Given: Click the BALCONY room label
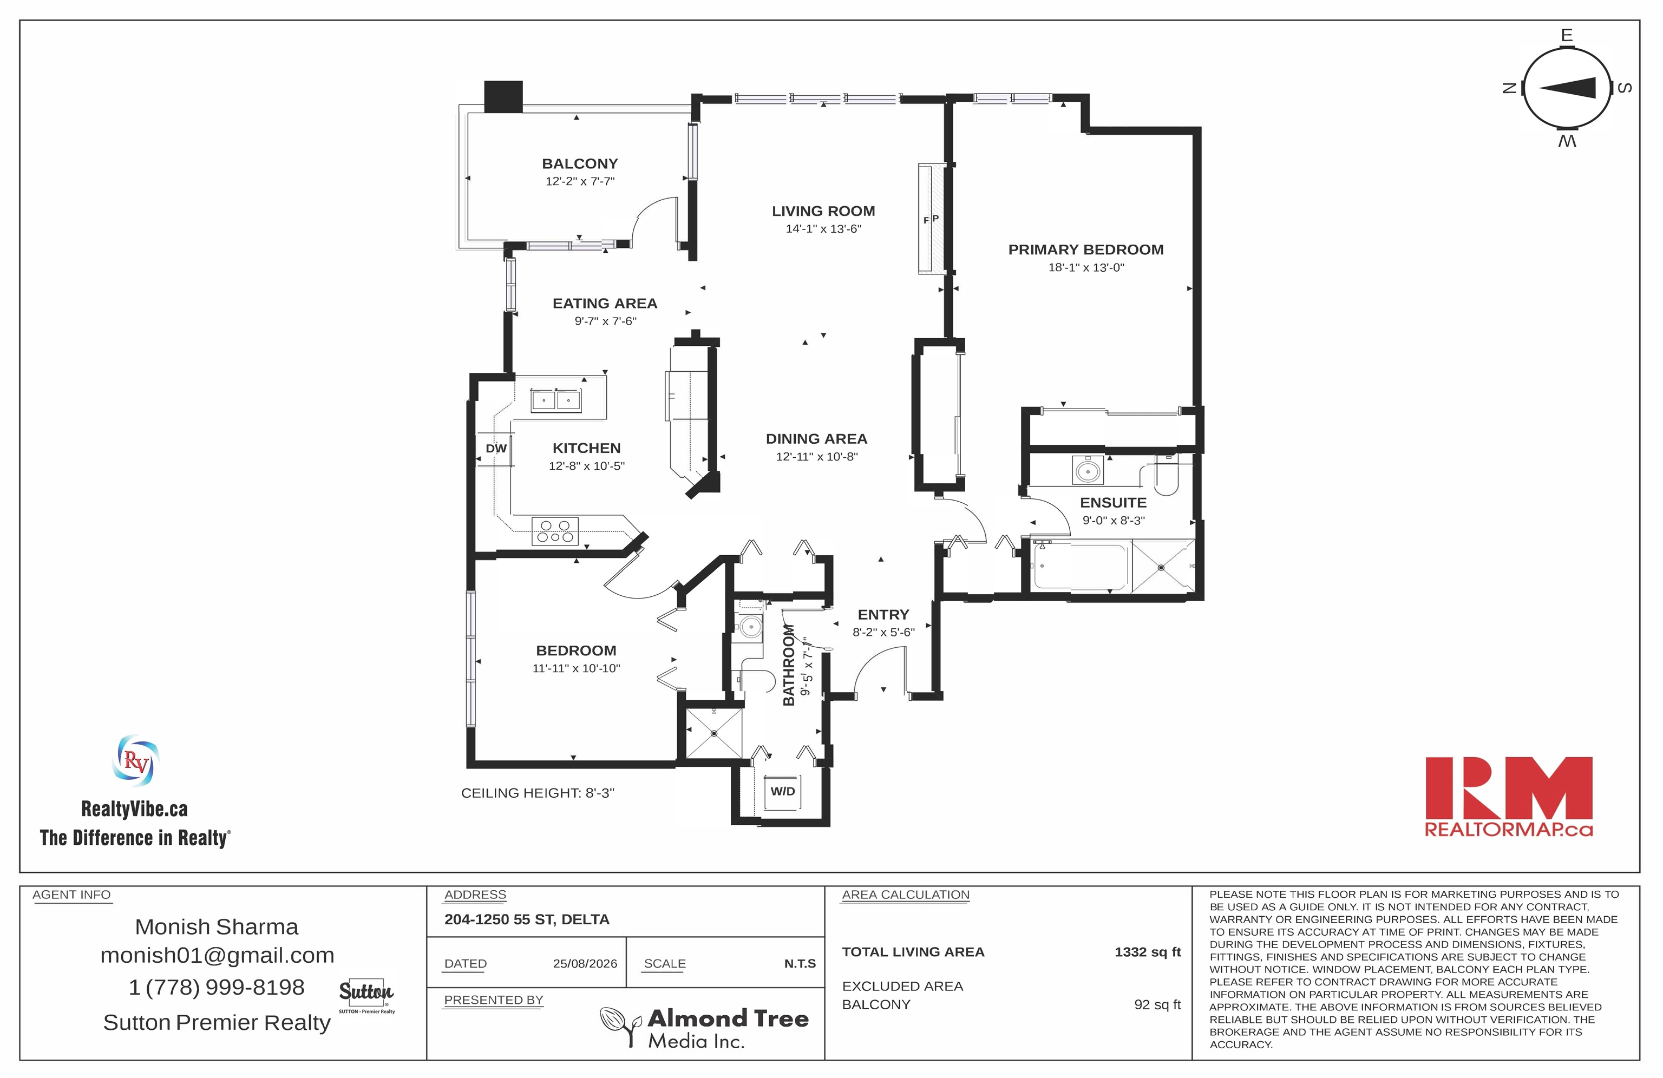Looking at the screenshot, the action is coord(580,163).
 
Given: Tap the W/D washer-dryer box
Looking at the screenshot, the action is coord(783,792).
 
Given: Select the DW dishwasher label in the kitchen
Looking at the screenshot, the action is coord(496,449).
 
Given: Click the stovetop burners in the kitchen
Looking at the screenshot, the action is coord(555,531).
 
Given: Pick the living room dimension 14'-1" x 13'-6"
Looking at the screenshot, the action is coord(824,228).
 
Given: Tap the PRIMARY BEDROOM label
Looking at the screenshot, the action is coord(1086,249).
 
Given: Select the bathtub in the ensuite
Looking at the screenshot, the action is coord(1081,566).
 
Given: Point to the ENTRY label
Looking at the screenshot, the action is coord(883,615).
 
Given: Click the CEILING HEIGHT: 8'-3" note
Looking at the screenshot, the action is coord(538,793).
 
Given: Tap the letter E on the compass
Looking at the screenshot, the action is coord(1567,36).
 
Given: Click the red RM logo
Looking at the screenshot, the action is coord(1509,797).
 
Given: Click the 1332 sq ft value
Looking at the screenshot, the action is coord(1147,951).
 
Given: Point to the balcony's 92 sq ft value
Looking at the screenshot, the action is coord(1157,1004).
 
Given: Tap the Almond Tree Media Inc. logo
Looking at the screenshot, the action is coord(704,1026).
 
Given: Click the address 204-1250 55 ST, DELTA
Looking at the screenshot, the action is coord(527,919).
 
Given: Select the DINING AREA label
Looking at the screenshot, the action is coord(817,439).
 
